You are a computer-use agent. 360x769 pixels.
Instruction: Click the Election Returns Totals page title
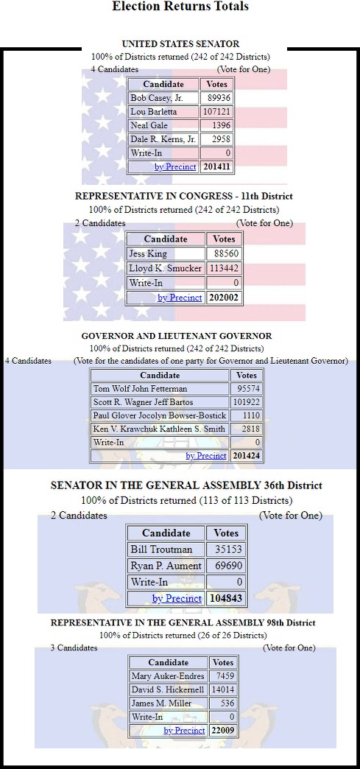(180, 7)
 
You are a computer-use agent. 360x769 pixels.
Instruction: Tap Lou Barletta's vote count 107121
(216, 112)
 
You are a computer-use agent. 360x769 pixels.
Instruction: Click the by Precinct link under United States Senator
(175, 166)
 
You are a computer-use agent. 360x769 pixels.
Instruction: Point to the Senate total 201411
(216, 166)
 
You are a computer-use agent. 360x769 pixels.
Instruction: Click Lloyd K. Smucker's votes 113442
(224, 268)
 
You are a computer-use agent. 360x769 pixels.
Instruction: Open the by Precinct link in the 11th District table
(180, 298)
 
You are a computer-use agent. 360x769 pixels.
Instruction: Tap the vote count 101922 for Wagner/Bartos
(246, 402)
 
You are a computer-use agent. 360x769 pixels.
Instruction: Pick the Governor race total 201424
(246, 456)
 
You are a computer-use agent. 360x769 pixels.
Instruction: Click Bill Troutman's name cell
(161, 549)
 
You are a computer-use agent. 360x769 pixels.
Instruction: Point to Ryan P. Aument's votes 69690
(225, 566)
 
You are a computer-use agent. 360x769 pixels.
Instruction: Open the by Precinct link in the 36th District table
(177, 598)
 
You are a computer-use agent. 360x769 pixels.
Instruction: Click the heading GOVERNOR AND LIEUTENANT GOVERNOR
(177, 336)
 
